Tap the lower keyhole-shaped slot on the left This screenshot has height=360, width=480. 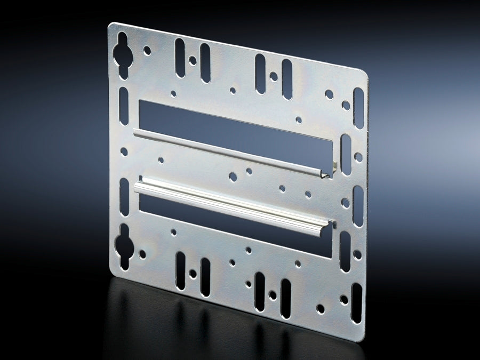click(x=124, y=245)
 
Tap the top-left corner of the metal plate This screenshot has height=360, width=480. click(x=110, y=25)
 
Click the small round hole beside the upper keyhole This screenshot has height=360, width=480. click(x=147, y=51)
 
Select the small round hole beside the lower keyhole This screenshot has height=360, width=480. click(x=142, y=254)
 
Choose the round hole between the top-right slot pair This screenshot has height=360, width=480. click(x=274, y=76)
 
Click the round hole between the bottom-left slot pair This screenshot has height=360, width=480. click(x=193, y=274)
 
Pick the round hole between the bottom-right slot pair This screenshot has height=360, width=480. click(x=273, y=294)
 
